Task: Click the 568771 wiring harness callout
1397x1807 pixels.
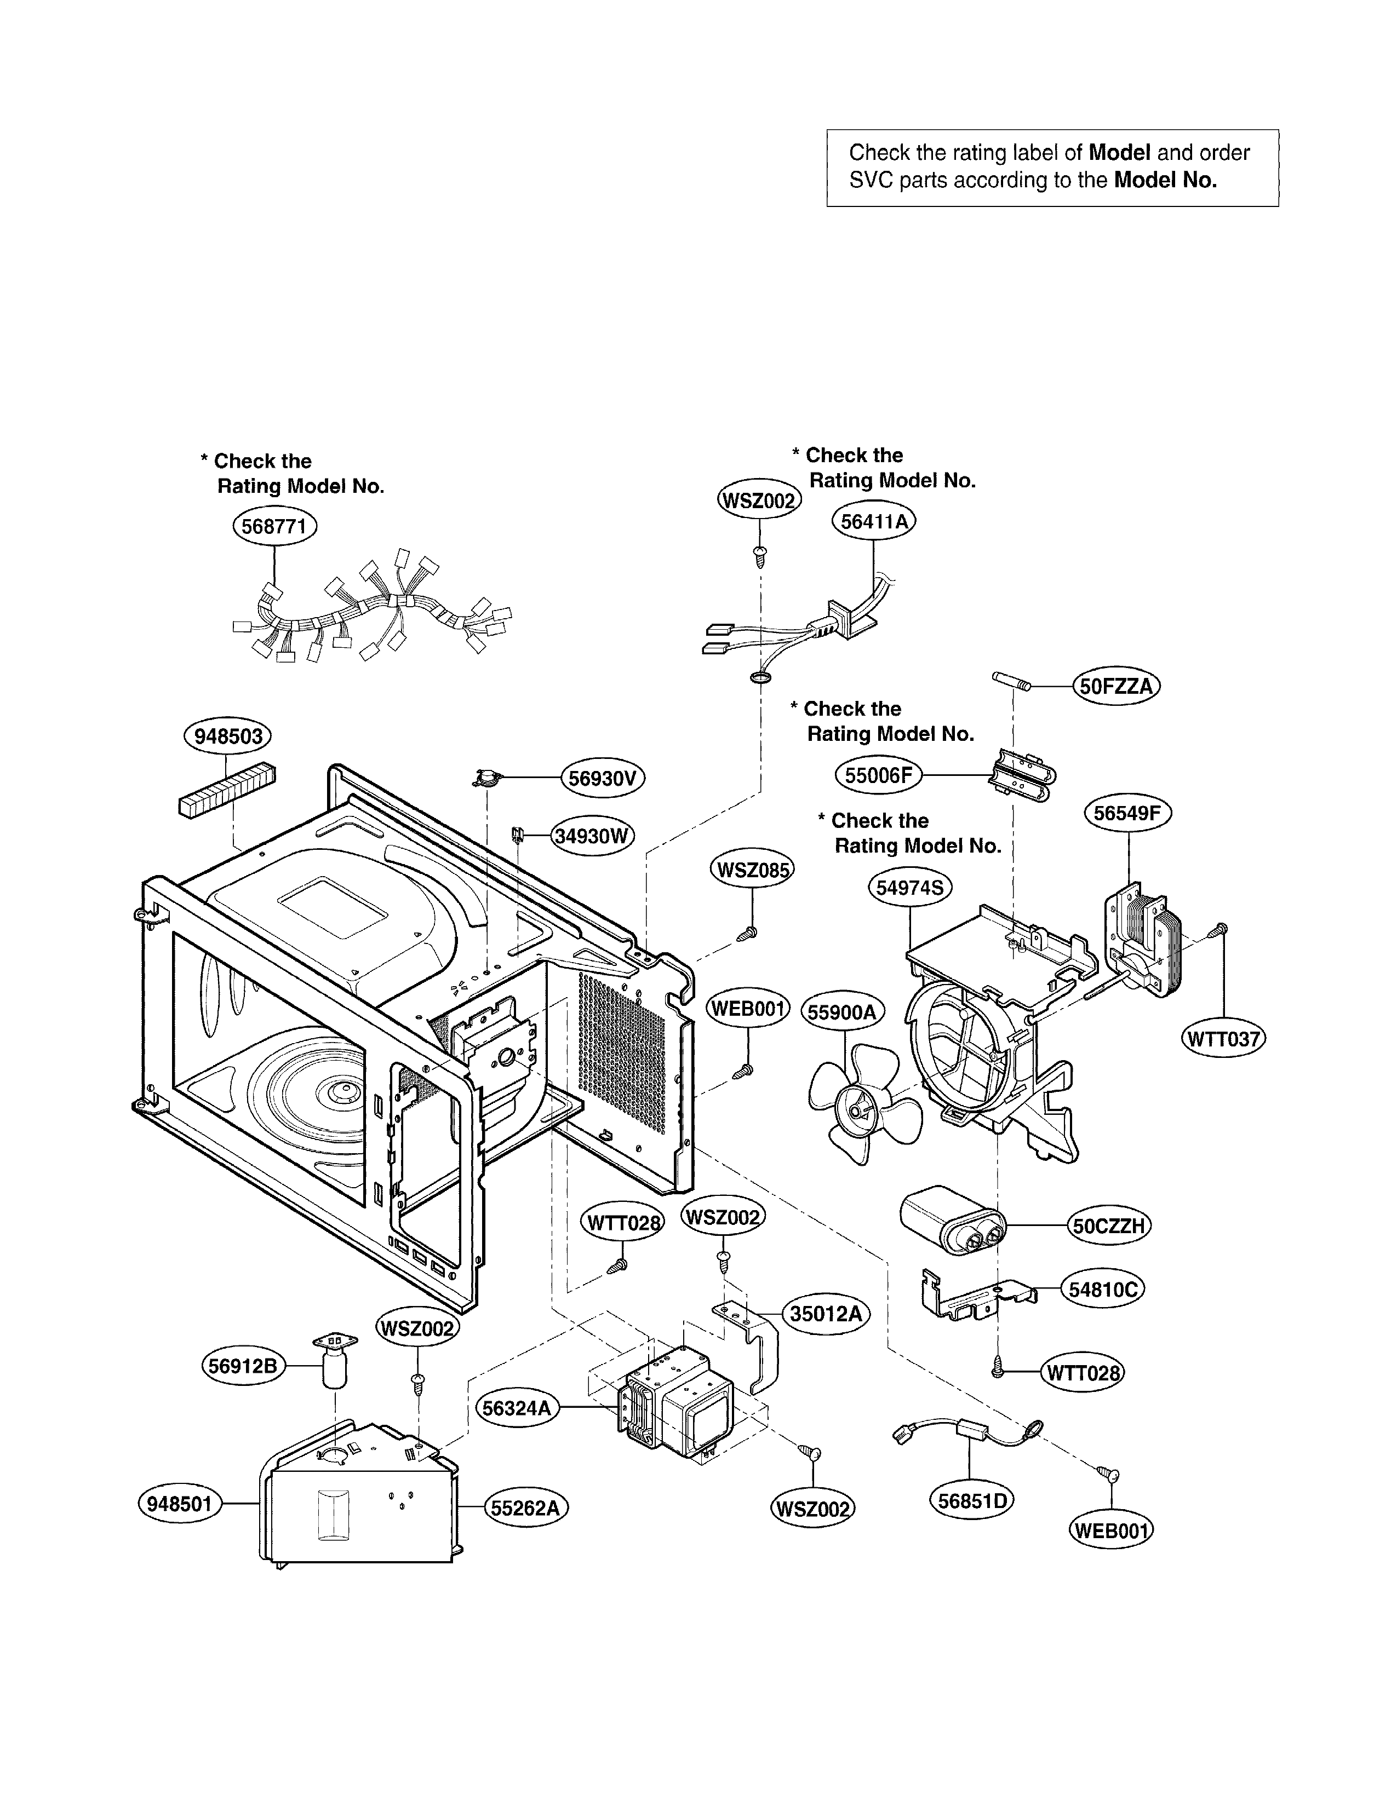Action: (275, 526)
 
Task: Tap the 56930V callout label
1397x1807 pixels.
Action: (603, 779)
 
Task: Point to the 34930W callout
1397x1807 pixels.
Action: (592, 836)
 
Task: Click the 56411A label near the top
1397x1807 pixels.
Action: (873, 521)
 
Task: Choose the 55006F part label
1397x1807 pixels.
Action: (878, 775)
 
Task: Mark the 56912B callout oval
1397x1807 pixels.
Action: (243, 1366)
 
